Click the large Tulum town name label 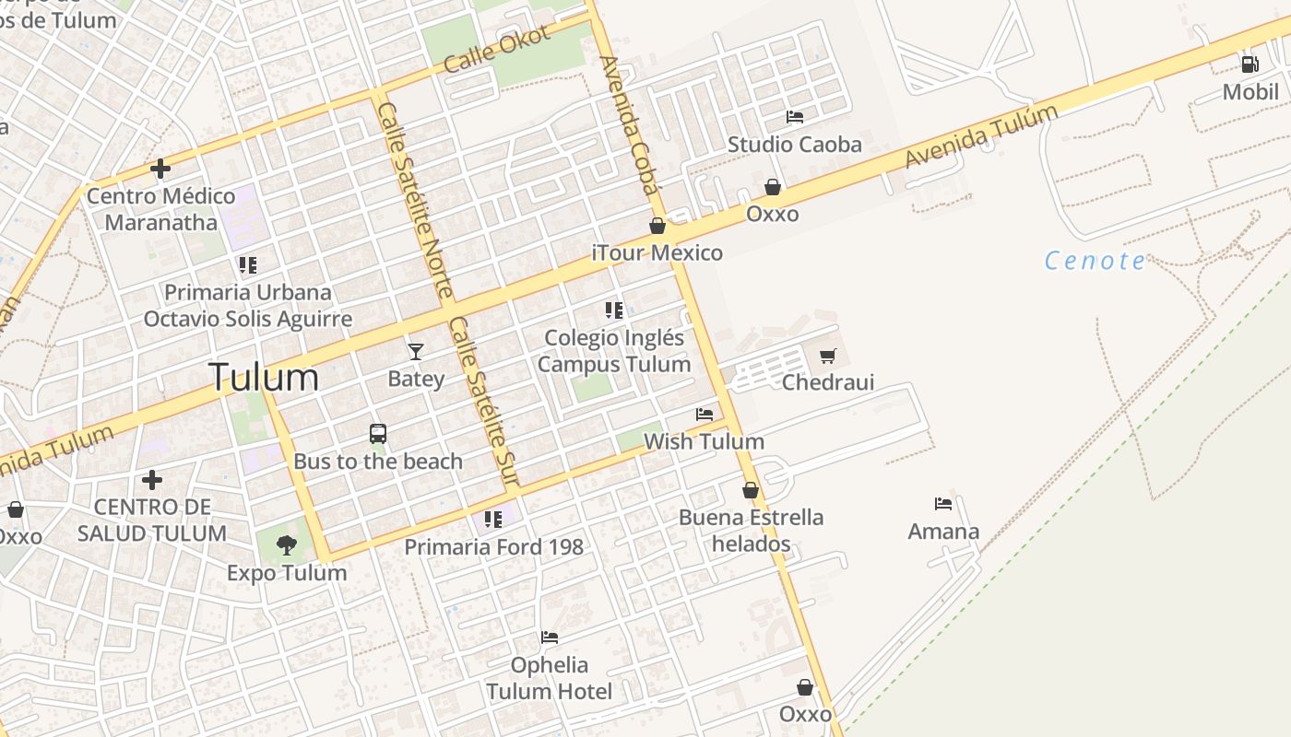tap(264, 378)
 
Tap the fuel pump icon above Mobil tap(1250, 64)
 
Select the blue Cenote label tap(1095, 261)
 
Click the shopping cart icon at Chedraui tap(828, 356)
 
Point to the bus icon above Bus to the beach tap(377, 433)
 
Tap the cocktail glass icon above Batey tap(416, 351)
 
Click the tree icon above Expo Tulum tap(286, 545)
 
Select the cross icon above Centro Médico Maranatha tap(160, 169)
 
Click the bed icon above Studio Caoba tap(794, 117)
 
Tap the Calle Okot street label tap(496, 50)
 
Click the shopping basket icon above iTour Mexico tap(657, 226)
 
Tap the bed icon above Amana tap(942, 504)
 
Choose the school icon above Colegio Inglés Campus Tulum tap(613, 310)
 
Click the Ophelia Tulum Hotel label tap(549, 678)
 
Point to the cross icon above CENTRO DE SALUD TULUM tap(152, 480)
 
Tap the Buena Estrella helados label tap(751, 530)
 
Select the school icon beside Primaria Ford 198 tap(493, 520)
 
